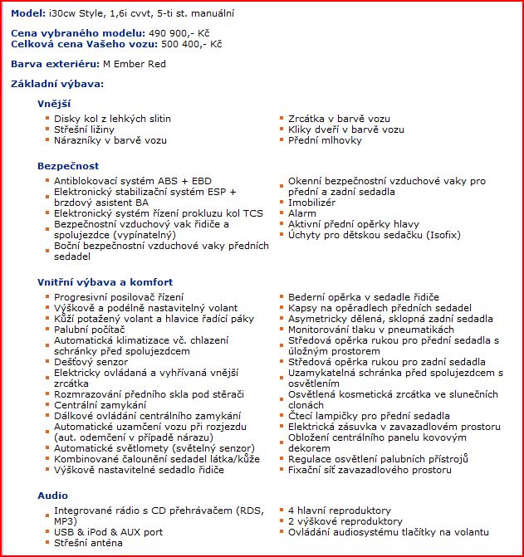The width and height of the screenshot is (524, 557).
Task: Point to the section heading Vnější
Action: [54, 104]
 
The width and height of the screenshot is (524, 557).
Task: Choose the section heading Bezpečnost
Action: [68, 166]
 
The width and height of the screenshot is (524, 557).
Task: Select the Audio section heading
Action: [52, 495]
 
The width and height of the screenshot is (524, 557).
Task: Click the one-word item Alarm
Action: [302, 213]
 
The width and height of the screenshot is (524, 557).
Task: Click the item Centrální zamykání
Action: [100, 405]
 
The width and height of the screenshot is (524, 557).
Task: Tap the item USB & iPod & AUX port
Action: [109, 532]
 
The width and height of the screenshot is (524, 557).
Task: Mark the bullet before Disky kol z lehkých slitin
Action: [47, 119]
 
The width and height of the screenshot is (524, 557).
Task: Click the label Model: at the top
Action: [27, 14]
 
